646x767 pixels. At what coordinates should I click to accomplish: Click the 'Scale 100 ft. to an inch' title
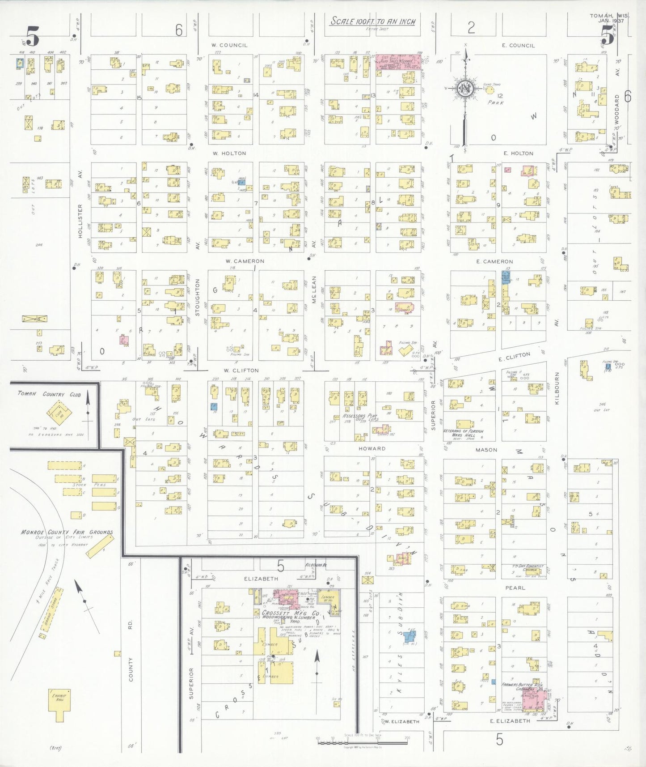point(372,21)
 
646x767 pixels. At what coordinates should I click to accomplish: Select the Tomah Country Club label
point(49,394)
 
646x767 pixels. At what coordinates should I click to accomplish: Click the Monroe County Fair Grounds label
point(67,532)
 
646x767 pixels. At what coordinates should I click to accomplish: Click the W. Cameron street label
point(245,261)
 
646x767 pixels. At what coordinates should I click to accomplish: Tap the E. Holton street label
point(518,153)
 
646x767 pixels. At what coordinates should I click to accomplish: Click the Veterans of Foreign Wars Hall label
point(463,433)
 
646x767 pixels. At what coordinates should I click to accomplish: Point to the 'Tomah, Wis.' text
point(609,16)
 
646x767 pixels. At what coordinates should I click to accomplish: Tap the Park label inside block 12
point(496,102)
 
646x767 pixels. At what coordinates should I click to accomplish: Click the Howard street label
point(372,448)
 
